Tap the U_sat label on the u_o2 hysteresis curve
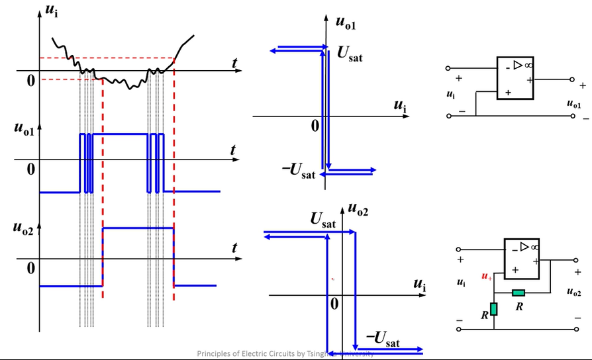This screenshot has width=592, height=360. point(322,221)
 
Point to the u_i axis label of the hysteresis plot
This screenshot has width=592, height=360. point(419,285)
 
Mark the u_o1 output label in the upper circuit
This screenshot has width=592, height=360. point(574,104)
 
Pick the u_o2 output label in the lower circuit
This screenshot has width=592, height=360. point(574,292)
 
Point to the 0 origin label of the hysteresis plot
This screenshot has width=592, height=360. point(334,304)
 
